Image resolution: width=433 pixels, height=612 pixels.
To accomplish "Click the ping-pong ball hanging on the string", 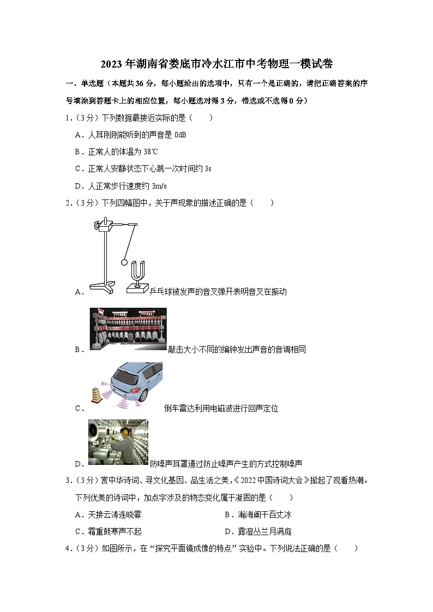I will point(124,262).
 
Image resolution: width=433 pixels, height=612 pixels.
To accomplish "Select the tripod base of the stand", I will point(104,287).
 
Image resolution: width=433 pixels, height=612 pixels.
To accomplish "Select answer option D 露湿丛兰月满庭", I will point(261,531).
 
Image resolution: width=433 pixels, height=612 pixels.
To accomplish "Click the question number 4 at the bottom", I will point(67,549).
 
